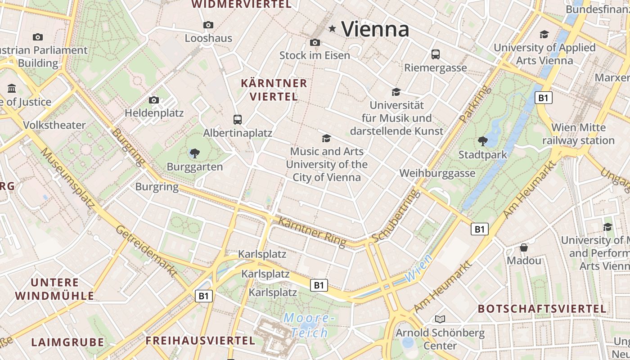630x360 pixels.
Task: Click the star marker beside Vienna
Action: [333, 29]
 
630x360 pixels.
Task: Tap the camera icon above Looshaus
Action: [208, 25]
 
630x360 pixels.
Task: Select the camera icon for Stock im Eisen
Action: [315, 42]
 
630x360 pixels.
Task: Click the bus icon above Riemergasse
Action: [435, 54]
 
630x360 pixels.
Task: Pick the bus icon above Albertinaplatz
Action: [238, 119]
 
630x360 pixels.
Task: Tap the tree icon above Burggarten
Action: [194, 153]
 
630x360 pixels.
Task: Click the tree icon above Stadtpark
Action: [482, 141]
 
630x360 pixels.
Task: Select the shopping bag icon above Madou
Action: [524, 247]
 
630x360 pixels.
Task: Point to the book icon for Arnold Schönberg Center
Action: [440, 319]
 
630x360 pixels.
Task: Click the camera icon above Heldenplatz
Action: [154, 100]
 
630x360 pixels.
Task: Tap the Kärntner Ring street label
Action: [312, 232]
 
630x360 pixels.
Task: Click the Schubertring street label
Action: [396, 216]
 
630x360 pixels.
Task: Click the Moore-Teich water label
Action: [309, 325]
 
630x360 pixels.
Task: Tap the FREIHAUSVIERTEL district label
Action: [200, 341]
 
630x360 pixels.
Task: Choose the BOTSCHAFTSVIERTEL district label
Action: [542, 309]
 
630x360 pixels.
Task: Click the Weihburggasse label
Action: [437, 173]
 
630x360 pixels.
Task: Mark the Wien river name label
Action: [418, 268]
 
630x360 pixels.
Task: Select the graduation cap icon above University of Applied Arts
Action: [544, 34]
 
